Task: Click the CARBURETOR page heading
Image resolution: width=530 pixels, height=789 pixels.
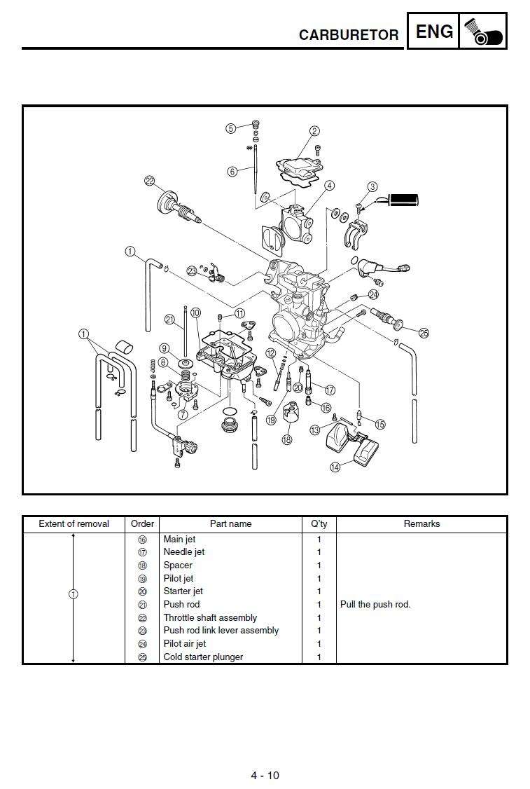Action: (348, 35)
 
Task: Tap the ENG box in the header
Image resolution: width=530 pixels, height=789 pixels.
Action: (433, 32)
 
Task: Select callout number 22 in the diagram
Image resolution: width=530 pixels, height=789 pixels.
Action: (149, 181)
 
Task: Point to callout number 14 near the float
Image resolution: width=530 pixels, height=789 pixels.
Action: (335, 467)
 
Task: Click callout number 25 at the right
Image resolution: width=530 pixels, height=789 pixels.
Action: (424, 333)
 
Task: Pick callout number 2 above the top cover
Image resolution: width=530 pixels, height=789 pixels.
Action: (314, 131)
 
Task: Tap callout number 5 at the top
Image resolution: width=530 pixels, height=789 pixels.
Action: (231, 128)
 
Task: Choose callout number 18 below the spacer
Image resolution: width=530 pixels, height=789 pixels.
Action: (286, 439)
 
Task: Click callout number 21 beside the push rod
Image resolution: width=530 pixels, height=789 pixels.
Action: (169, 320)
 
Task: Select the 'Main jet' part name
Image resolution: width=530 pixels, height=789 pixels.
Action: (180, 540)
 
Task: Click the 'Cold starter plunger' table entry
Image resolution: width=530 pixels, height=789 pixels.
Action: (203, 657)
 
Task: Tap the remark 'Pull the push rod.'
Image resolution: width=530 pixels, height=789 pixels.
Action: (375, 605)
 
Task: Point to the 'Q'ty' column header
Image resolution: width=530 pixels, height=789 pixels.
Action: (319, 524)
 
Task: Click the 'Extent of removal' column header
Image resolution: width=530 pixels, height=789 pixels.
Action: (74, 524)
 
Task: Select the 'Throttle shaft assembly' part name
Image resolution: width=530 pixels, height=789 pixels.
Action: (210, 618)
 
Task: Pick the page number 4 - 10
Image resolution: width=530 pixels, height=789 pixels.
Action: (265, 775)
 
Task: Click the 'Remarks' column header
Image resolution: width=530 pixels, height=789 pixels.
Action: (421, 524)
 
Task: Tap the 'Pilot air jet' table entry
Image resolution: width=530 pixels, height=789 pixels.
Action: (185, 644)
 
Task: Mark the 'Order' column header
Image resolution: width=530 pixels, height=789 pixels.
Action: (142, 524)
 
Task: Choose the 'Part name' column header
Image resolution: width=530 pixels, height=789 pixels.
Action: (230, 524)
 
